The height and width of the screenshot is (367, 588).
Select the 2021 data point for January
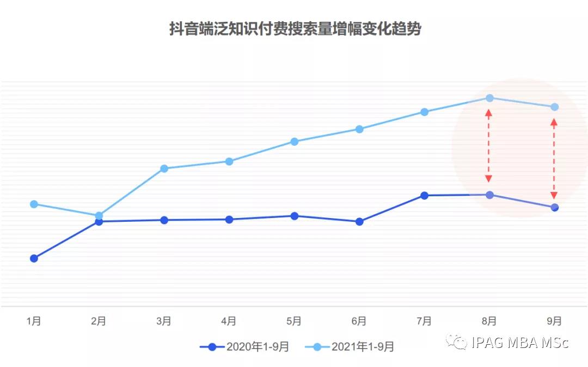[34, 204]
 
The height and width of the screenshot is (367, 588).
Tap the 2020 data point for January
[34, 258]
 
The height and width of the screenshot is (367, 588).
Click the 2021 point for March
[164, 169]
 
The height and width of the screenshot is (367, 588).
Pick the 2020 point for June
[359, 222]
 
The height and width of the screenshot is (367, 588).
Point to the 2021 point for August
[489, 98]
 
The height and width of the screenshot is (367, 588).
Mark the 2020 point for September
[554, 207]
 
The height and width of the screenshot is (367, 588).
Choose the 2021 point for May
[294, 141]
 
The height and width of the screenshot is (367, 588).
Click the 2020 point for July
[424, 195]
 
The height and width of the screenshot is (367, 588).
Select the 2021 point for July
[424, 112]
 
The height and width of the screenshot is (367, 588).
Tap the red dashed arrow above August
[489, 146]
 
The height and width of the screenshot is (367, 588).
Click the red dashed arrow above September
[554, 159]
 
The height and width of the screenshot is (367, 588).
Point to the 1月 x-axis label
[34, 321]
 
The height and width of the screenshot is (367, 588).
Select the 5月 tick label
[294, 321]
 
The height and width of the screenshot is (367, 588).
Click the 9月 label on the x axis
[554, 321]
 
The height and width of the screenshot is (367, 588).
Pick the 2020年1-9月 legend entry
[244, 347]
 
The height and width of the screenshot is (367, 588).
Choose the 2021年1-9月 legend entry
[349, 347]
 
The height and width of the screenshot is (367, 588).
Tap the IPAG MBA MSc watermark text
[520, 343]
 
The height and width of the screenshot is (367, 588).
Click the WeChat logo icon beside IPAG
[457, 342]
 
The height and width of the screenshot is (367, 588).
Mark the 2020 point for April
[229, 220]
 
